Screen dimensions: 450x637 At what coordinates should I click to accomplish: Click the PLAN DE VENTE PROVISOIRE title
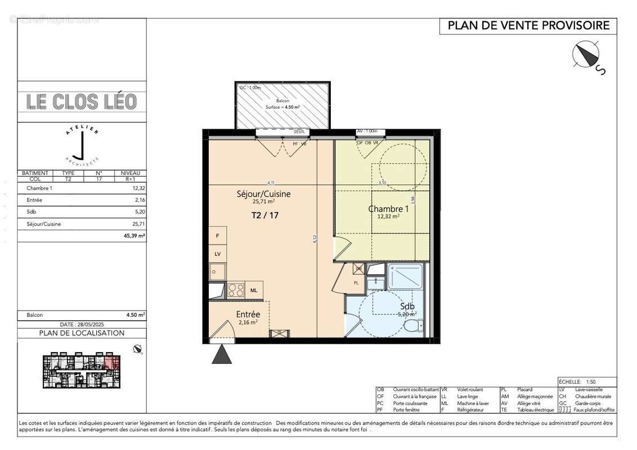[x=528, y=26]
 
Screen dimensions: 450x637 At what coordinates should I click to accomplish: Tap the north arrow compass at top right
[x=586, y=55]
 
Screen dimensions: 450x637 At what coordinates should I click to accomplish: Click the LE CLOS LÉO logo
[x=82, y=102]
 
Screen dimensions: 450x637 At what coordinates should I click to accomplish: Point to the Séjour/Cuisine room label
[x=263, y=194]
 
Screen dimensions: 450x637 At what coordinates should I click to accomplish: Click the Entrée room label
[x=248, y=314]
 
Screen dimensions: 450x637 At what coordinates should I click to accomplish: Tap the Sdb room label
[x=407, y=307]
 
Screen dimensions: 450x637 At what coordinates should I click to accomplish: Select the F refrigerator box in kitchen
[x=217, y=236]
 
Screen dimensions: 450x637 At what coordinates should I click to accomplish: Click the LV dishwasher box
[x=217, y=254]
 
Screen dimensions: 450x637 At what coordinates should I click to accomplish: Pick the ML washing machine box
[x=254, y=290]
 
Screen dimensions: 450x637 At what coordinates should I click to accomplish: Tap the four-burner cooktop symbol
[x=236, y=290]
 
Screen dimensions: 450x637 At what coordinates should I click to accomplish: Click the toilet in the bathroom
[x=414, y=326]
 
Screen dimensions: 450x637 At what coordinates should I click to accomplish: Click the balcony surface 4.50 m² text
[x=282, y=106]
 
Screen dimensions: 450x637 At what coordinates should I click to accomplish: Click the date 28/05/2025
[x=82, y=325]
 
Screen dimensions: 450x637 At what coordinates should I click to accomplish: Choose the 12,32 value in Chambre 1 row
[x=138, y=188]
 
